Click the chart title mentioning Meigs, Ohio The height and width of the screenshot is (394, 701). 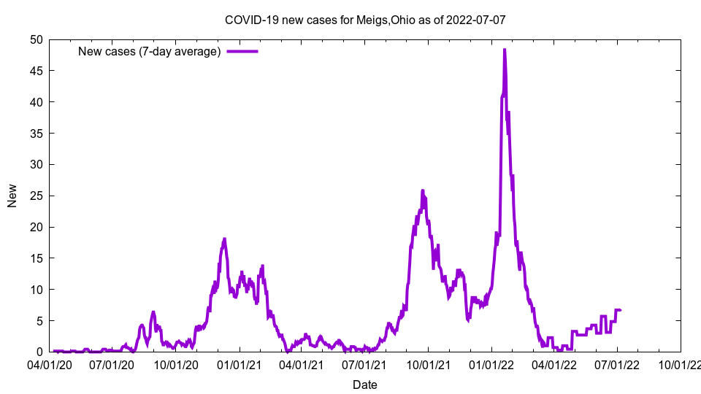point(364,20)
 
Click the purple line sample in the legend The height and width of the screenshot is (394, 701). point(242,51)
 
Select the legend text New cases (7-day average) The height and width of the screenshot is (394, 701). point(150,51)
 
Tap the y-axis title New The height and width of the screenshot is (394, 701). point(12,196)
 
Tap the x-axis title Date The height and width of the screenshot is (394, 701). point(364,385)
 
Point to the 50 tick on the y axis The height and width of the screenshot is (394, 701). point(37,39)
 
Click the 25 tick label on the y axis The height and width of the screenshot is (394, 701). point(37,196)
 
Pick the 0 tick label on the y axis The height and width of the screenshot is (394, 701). point(40,352)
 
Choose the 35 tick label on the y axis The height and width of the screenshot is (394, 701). point(37,134)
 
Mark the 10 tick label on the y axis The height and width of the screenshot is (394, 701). point(37,290)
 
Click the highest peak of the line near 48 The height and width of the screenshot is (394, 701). point(505,50)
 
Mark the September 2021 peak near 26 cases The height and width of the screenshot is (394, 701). point(423,190)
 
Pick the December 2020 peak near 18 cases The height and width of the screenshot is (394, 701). point(224,239)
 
